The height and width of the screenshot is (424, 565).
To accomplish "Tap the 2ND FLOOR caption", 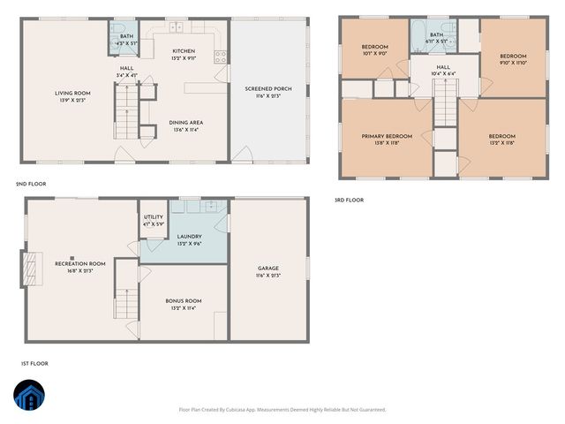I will [31, 184].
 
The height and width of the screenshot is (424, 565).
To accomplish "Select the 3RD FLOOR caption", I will [349, 200].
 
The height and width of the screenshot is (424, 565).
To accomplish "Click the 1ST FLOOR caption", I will [34, 363].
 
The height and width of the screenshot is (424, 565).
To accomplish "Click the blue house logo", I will [32, 397].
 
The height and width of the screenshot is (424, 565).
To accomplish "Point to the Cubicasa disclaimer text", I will [282, 409].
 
